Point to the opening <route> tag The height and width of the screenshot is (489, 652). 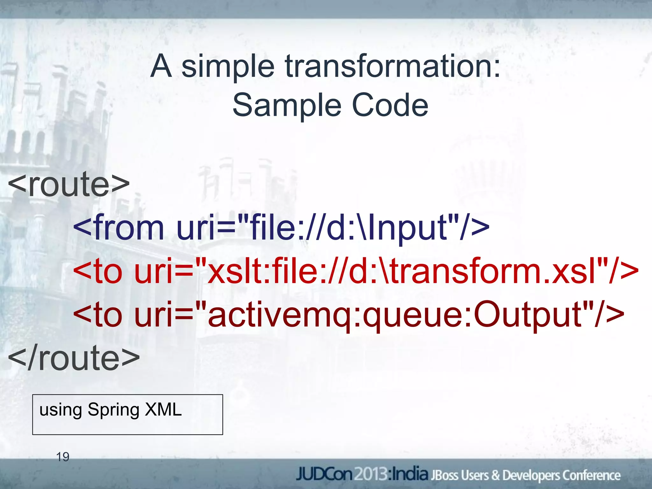[69, 185]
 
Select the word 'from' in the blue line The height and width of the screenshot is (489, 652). [129, 227]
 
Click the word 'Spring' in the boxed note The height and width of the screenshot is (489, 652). [113, 410]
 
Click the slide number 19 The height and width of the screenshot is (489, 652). [62, 457]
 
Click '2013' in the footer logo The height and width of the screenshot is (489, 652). [371, 475]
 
